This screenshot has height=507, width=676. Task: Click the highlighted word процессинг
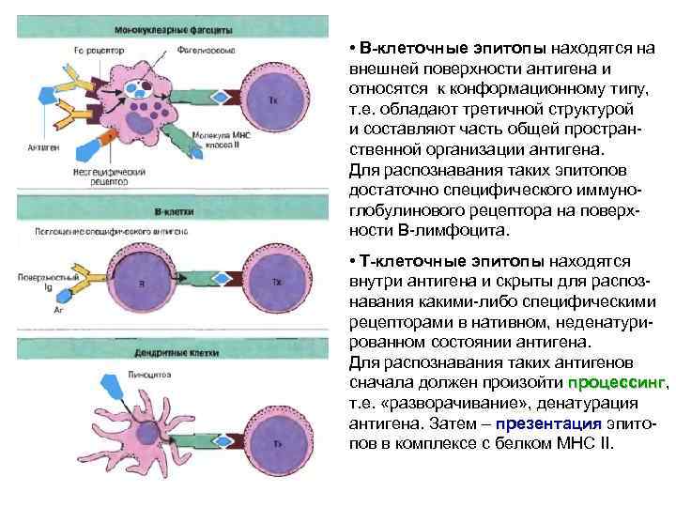click(616, 384)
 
